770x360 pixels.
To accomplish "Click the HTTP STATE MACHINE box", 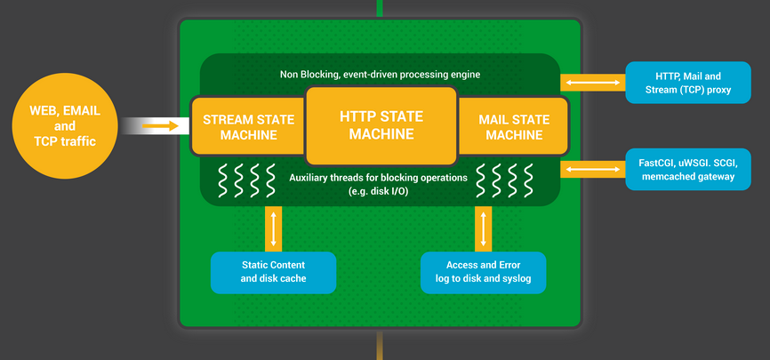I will tap(381, 125).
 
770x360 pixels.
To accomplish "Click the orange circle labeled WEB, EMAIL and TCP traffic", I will tap(65, 125).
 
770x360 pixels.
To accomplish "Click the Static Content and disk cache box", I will tap(273, 272).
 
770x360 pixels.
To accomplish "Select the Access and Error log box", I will tap(483, 272).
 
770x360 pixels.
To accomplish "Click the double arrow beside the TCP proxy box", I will tap(592, 83).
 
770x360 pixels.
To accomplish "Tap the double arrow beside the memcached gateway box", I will tap(592, 169).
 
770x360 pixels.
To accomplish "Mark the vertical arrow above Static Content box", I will tap(273, 228).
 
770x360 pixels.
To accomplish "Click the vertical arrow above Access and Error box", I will tap(483, 228).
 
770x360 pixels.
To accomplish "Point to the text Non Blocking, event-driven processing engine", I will tap(380, 75).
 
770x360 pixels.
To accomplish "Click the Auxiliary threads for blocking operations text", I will tap(379, 178).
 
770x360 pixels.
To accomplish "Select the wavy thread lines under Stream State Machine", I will tap(241, 180).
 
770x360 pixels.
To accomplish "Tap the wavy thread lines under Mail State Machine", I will tap(504, 180).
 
